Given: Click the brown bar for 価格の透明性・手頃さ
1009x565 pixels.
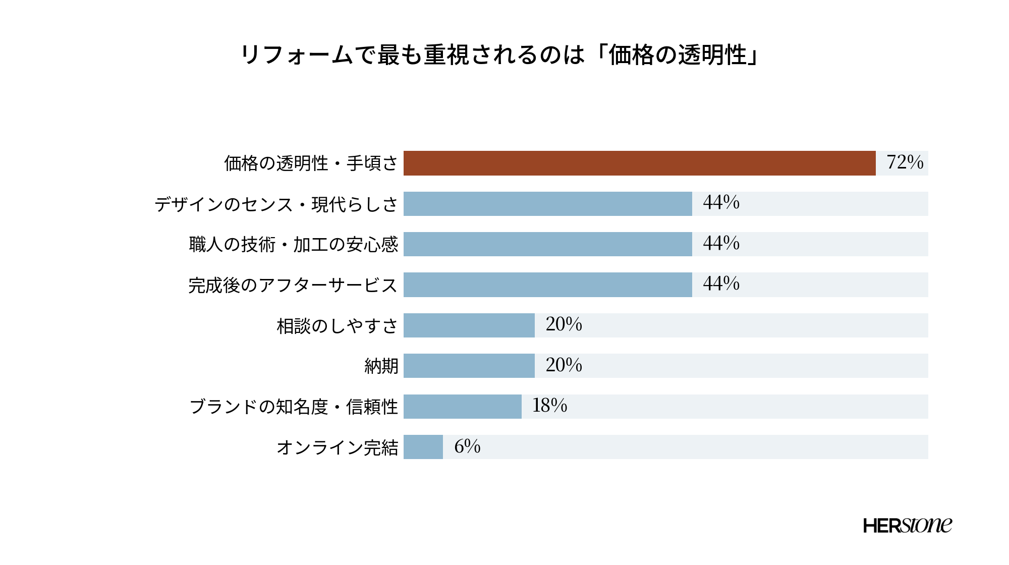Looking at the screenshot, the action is (639, 163).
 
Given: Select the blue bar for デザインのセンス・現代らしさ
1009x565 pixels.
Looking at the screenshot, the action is (547, 204).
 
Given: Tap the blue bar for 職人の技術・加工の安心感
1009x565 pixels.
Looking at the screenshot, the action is (547, 244).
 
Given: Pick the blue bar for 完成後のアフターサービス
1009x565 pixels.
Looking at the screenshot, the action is (547, 285).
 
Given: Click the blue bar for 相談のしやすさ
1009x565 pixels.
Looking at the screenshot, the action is (469, 325).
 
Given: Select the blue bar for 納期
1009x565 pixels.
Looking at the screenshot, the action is (469, 366).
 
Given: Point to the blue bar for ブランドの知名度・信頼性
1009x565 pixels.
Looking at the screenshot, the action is (462, 407).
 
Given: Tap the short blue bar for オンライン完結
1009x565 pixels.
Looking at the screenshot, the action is (423, 447).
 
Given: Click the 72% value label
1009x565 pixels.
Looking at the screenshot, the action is (905, 162).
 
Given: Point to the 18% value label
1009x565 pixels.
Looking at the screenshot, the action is (550, 406).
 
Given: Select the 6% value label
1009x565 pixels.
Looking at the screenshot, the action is (467, 446).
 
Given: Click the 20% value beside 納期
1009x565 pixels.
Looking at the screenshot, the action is (564, 365).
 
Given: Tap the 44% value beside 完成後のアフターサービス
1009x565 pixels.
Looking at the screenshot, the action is (721, 284).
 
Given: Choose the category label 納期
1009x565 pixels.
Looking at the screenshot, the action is (381, 366).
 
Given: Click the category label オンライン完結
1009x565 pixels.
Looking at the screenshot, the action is (338, 447).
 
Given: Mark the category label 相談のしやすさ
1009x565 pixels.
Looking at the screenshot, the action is (338, 326).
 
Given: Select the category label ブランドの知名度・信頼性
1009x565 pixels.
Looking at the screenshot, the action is (294, 407).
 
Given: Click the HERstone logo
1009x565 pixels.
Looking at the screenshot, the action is (908, 526).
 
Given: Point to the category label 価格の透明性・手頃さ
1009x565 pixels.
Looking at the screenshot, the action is (311, 163).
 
